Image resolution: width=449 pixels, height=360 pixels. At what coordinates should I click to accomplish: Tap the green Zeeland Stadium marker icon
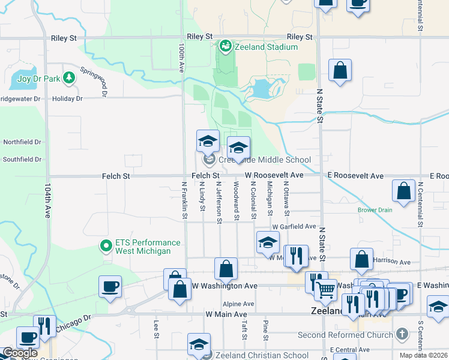tap(225, 46)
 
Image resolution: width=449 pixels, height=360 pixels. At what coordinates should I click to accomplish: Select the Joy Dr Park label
tap(39, 78)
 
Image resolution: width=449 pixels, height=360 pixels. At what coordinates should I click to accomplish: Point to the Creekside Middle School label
tap(265, 160)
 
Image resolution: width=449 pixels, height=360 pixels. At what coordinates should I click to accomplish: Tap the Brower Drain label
tap(375, 210)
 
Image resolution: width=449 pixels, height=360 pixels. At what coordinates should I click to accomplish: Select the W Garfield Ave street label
tap(294, 227)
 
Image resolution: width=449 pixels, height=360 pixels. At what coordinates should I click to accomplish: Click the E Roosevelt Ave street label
tap(355, 176)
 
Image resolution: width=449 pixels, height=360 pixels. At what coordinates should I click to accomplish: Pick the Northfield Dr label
tap(22, 142)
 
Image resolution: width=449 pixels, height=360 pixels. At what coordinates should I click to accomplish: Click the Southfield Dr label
tap(22, 160)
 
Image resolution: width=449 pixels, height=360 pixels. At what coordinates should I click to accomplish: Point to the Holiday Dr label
tap(67, 98)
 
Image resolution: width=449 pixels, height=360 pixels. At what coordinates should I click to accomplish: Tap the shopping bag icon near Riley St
tap(340, 70)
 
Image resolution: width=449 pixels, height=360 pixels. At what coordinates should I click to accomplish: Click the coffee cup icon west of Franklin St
tap(110, 286)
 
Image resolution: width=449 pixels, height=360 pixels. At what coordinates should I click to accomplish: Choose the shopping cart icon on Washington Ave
tap(325, 289)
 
